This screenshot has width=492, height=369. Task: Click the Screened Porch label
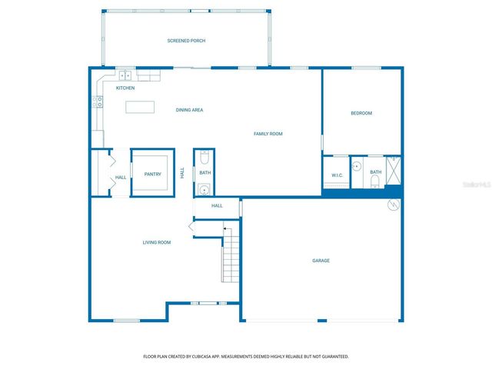(x=186, y=41)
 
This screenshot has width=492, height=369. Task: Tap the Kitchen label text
(x=125, y=88)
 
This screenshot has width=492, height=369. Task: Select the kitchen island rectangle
(x=140, y=107)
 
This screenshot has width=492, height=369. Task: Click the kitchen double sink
(x=125, y=75)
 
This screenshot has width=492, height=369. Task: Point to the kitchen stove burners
(x=98, y=101)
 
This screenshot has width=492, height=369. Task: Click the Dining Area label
(x=189, y=110)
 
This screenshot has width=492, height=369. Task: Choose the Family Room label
(x=268, y=134)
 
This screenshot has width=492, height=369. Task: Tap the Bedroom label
(x=361, y=113)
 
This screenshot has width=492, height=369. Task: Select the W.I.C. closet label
(x=337, y=175)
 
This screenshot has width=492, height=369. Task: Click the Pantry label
(x=152, y=175)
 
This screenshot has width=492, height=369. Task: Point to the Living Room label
(x=156, y=242)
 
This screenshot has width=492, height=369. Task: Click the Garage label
(x=321, y=261)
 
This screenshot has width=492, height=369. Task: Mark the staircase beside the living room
(x=231, y=254)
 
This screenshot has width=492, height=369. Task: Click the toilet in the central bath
(x=204, y=158)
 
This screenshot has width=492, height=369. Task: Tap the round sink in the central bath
(x=204, y=189)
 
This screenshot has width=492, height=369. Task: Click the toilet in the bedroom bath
(x=374, y=181)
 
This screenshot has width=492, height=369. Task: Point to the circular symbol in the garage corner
(x=394, y=204)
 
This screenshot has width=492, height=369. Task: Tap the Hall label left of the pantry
(x=121, y=178)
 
